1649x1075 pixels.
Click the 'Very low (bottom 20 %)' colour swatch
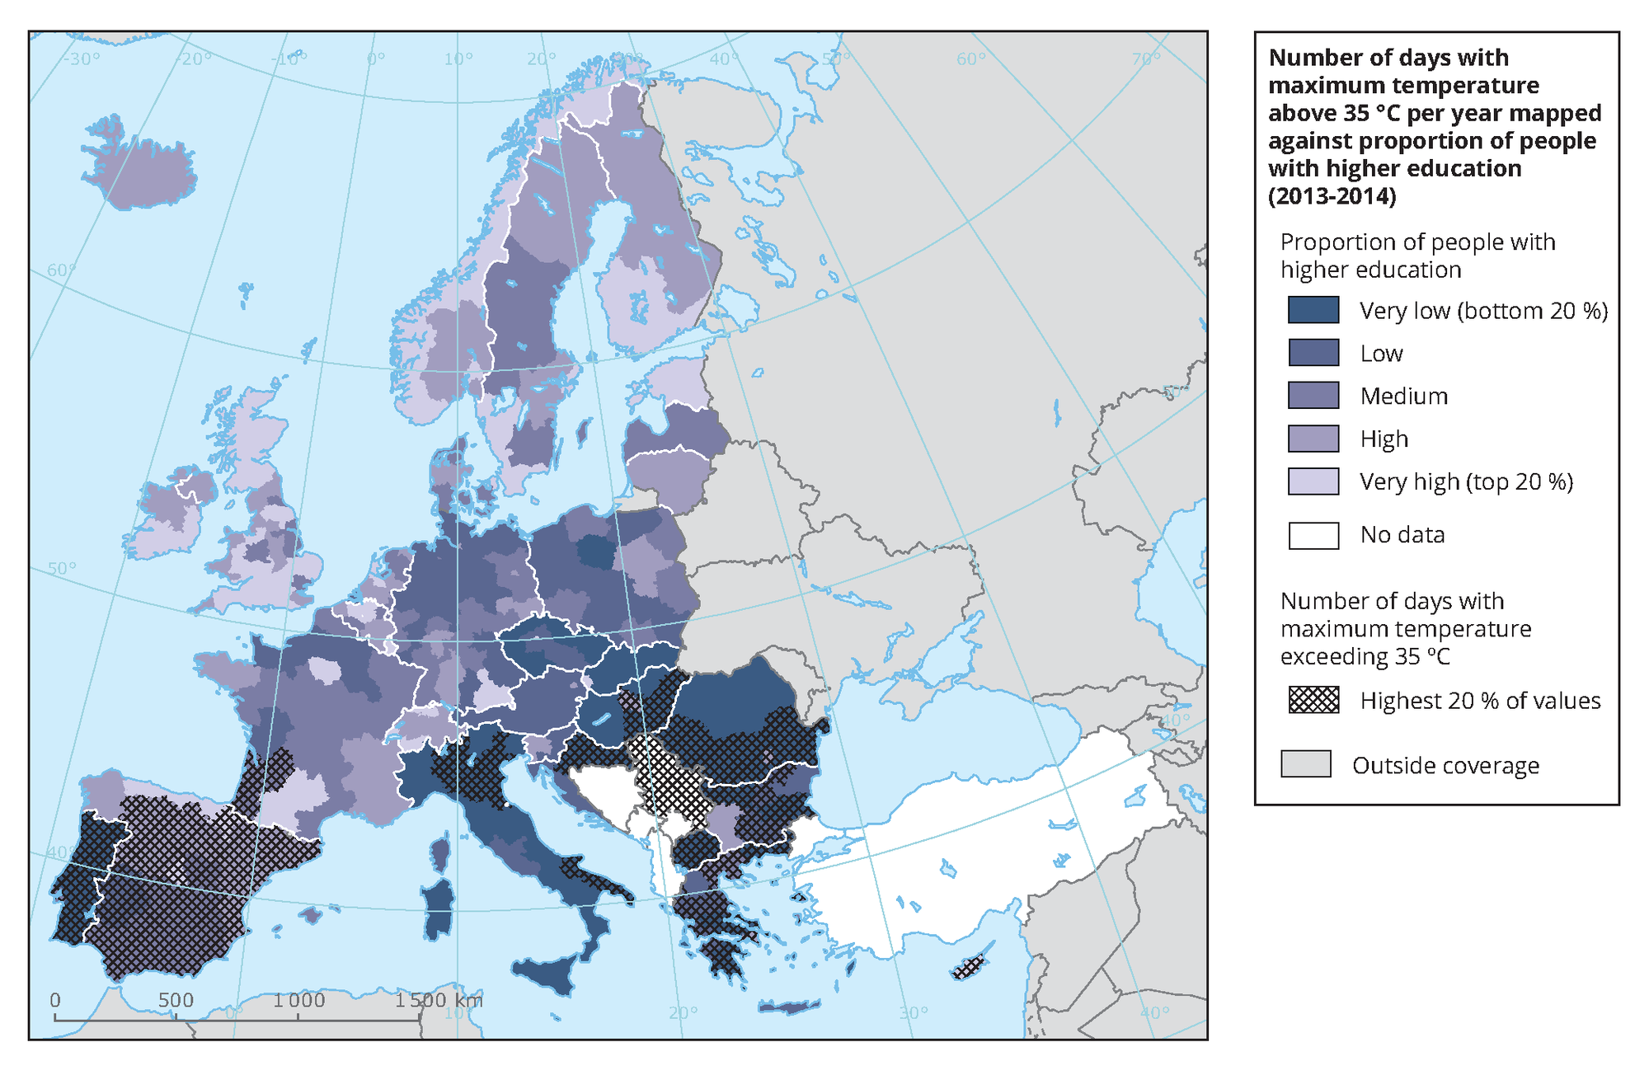click(1313, 310)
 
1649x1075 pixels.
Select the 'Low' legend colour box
click(1313, 353)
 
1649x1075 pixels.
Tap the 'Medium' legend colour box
click(1313, 396)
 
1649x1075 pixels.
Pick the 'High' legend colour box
click(1313, 439)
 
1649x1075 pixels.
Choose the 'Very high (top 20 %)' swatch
click(1313, 481)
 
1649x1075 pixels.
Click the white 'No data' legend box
click(1313, 535)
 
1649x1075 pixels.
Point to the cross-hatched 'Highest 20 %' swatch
click(1313, 700)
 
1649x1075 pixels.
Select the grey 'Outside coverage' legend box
click(1305, 764)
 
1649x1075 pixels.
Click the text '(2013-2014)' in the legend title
click(1332, 196)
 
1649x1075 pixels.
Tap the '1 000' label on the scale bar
click(299, 1001)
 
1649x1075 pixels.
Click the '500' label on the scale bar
click(176, 1001)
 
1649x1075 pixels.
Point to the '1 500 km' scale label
click(438, 1001)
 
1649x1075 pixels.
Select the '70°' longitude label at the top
click(1145, 59)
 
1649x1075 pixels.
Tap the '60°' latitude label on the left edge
click(61, 270)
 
